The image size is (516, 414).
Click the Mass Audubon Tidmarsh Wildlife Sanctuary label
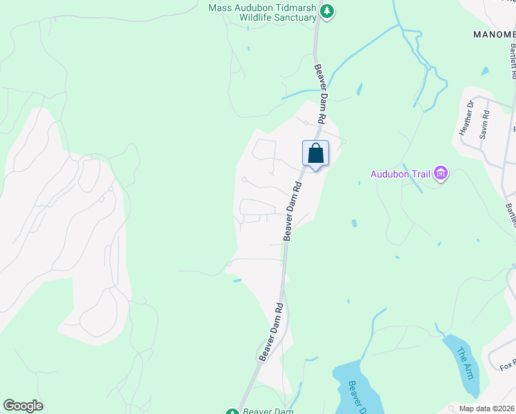262,12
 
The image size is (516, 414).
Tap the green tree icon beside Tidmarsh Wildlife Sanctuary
328,11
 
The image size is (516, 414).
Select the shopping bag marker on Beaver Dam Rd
315,153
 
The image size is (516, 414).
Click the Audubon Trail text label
400,174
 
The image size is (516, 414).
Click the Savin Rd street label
484,124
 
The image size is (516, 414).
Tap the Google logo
23,406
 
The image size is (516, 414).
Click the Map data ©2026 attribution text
487,408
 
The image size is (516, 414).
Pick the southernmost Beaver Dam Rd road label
271,332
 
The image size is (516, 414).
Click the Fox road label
508,364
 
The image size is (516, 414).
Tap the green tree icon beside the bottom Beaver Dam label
232,412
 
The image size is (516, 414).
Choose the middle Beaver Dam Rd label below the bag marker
292,211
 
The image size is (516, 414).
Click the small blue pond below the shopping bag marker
354,224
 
